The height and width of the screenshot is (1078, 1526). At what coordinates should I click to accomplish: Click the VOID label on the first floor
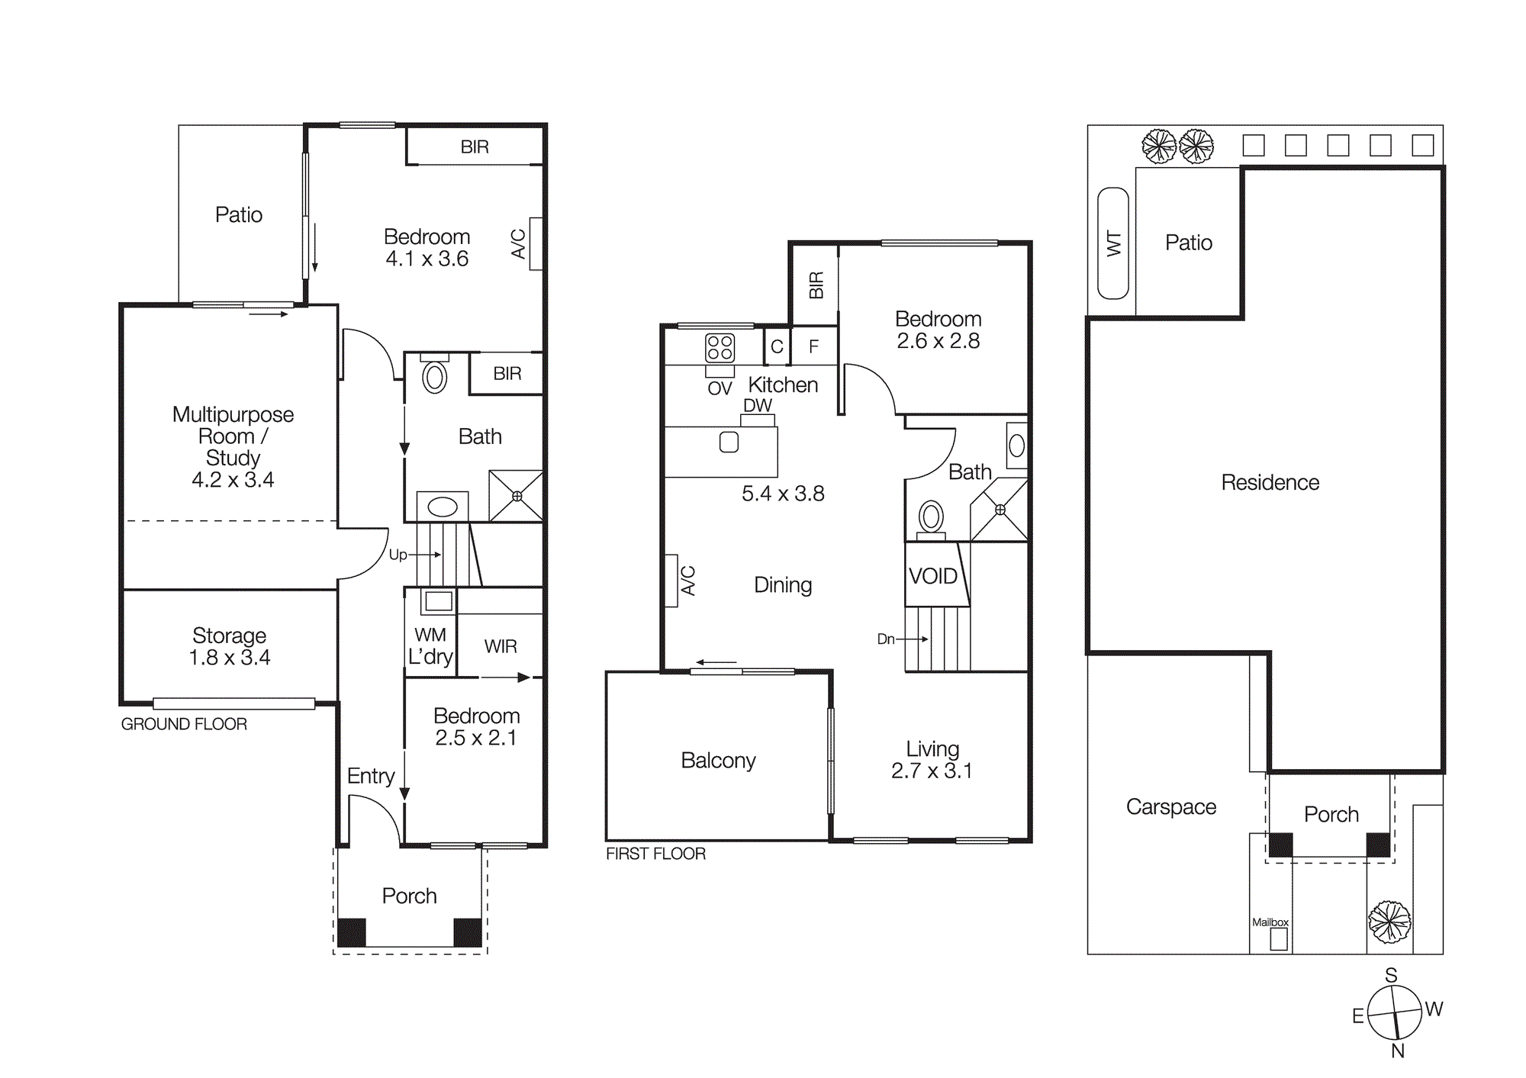(x=932, y=576)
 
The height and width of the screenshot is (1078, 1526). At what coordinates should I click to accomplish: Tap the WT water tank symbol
(x=1112, y=243)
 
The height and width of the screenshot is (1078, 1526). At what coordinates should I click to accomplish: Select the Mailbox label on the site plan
(x=1270, y=922)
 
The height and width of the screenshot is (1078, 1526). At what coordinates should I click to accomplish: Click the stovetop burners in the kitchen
(x=720, y=348)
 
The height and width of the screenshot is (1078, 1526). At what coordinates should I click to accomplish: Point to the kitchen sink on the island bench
(x=729, y=442)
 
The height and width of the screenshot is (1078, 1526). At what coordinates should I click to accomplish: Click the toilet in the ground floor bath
(x=434, y=376)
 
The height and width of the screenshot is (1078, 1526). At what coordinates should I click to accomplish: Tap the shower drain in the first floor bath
(x=1000, y=510)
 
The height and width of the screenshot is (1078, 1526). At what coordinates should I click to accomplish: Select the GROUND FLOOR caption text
(x=184, y=724)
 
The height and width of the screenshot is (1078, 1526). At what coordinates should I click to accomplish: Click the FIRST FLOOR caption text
(x=655, y=854)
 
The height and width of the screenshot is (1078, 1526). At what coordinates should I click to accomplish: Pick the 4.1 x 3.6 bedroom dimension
(x=427, y=259)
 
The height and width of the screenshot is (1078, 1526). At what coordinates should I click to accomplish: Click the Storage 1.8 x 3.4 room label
(x=229, y=646)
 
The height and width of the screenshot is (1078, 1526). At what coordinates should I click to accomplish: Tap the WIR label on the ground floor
(x=501, y=646)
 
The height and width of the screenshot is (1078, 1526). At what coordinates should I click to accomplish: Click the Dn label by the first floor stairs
(x=886, y=639)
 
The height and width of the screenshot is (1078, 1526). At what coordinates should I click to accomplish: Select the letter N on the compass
(x=1398, y=1051)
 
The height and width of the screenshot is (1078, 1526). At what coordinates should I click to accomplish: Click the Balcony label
(x=718, y=760)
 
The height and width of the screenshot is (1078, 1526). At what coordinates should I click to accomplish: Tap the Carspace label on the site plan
(x=1170, y=806)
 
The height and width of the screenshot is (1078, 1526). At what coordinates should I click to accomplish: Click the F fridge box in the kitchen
(x=813, y=346)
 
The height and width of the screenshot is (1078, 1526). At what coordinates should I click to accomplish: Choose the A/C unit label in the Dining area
(x=687, y=581)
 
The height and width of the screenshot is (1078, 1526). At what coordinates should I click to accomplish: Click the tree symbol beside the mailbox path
(x=1389, y=922)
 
